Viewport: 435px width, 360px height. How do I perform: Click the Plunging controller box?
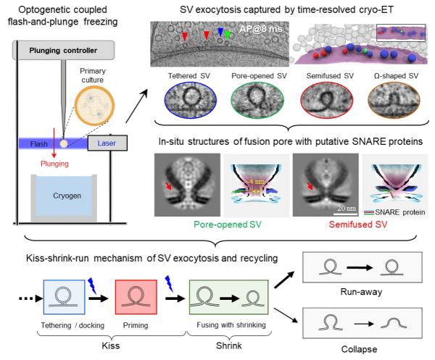click(64, 50)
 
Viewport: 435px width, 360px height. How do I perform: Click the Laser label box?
click(107, 143)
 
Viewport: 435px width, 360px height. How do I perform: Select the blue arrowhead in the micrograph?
click(220, 33)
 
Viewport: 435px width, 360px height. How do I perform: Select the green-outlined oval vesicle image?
click(254, 99)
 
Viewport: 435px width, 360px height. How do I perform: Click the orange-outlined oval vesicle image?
click(391, 99)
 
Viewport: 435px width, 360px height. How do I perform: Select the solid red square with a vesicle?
click(136, 297)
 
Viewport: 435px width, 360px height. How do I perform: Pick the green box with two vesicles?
click(228, 297)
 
